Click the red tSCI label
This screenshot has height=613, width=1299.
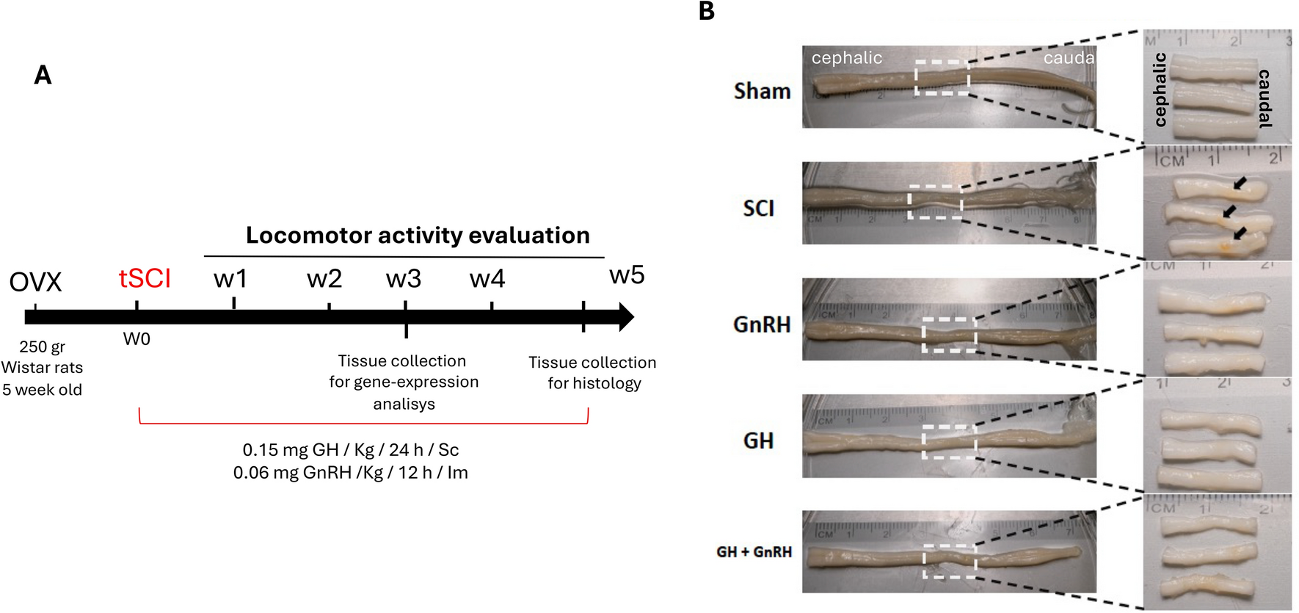(x=145, y=279)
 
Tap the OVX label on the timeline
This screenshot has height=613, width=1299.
(x=35, y=282)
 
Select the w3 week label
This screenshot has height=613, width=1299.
(x=404, y=279)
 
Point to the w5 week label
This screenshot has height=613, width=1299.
(x=627, y=275)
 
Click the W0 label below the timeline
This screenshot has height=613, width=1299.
(x=137, y=339)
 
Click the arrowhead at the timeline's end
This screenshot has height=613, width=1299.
(x=626, y=317)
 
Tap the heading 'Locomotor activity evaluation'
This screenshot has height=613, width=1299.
(x=418, y=235)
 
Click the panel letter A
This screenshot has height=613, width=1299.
(x=43, y=75)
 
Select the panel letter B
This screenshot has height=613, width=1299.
(x=706, y=12)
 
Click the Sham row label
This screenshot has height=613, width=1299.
(x=763, y=91)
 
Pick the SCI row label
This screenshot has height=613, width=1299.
(x=758, y=208)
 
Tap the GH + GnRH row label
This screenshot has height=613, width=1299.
(x=754, y=552)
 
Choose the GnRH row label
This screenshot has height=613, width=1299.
(x=762, y=324)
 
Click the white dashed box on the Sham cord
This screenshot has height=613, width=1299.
(x=942, y=78)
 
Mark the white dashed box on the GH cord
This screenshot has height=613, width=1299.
(x=949, y=441)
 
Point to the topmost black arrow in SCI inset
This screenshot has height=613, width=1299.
(x=1240, y=183)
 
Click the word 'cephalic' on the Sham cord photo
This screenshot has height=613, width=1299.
(x=847, y=58)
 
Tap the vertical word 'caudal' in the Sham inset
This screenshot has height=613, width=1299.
(x=1265, y=98)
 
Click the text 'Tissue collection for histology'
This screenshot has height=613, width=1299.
(x=593, y=373)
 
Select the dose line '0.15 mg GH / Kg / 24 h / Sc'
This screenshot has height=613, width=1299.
(x=351, y=450)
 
